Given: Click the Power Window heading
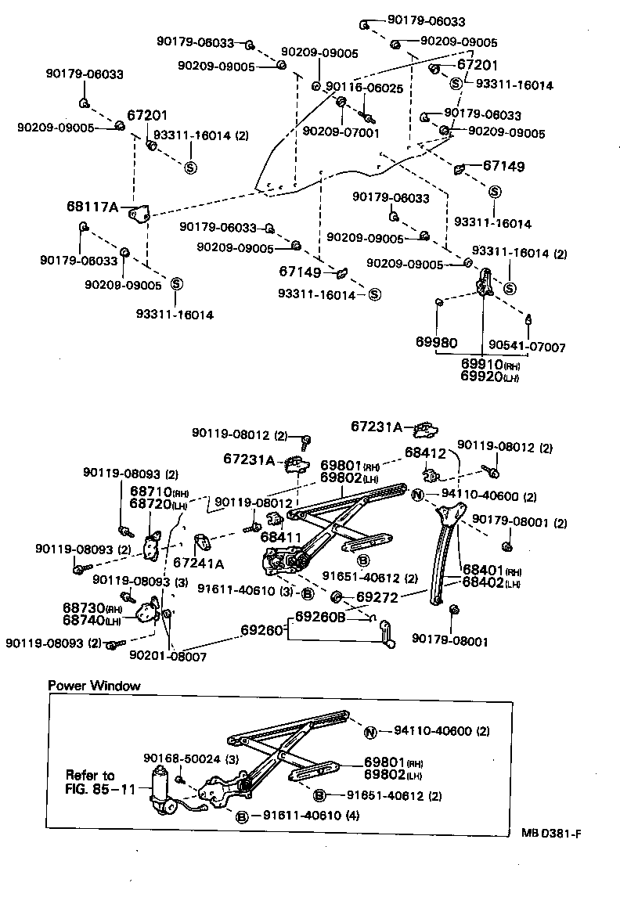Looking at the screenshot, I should click(94, 686).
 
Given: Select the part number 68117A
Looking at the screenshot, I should click(92, 207).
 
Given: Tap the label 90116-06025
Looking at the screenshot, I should click(364, 88).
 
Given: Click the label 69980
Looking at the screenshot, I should click(436, 342).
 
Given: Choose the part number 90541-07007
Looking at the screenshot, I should click(526, 347).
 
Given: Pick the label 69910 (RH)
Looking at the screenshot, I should click(490, 365).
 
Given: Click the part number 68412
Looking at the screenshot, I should click(424, 452).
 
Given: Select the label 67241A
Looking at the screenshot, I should click(198, 563).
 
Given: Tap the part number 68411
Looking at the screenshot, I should click(277, 537).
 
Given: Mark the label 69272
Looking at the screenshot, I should click(377, 597).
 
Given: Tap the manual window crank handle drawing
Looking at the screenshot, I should click(384, 633).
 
